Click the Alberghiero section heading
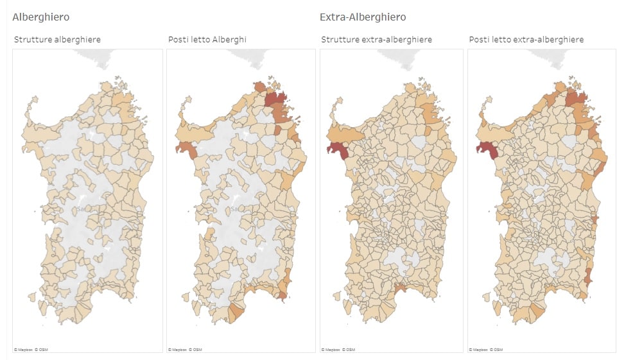(x=41, y=17)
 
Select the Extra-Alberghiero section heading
(x=363, y=17)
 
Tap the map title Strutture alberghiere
(x=57, y=40)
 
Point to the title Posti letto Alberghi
(x=207, y=40)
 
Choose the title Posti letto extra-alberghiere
(x=526, y=40)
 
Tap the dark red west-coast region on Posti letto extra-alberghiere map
(x=485, y=149)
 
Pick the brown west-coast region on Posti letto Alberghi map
(x=186, y=148)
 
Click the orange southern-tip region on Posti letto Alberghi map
(x=236, y=313)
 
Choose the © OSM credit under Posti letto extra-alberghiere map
(x=495, y=350)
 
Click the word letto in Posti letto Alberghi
(x=200, y=40)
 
